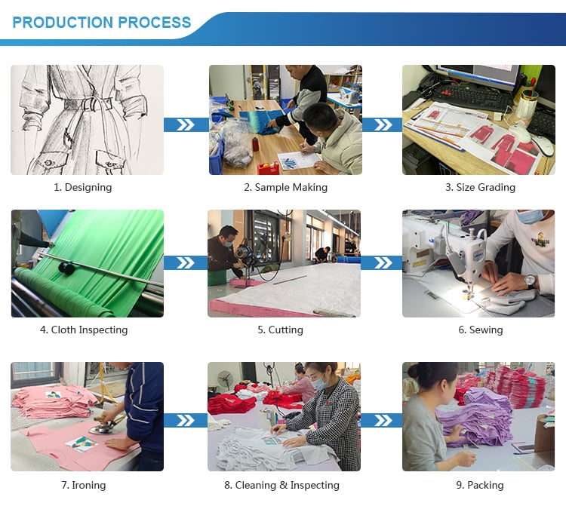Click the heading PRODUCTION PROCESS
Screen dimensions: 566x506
[x=101, y=23]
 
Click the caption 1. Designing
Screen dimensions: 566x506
[x=83, y=187]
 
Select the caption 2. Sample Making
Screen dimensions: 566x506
[x=285, y=187]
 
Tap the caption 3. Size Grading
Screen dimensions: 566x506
[x=480, y=187]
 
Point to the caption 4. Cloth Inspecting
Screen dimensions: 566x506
[x=84, y=330]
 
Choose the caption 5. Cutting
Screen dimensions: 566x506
[x=280, y=330]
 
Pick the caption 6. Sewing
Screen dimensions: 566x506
[x=481, y=330]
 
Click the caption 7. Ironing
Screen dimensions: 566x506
[x=83, y=485]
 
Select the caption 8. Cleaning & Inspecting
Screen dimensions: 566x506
[x=281, y=485]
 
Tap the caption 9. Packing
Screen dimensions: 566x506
[x=480, y=485]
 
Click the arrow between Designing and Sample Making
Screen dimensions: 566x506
[x=186, y=124]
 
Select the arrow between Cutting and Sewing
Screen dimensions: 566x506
[x=381, y=263]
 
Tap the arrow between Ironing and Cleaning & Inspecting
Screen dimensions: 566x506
[x=186, y=421]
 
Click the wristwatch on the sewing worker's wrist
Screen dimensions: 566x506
[x=530, y=281]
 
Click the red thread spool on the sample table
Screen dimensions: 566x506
[x=256, y=144]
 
